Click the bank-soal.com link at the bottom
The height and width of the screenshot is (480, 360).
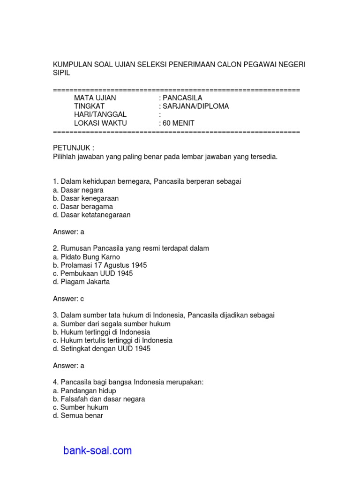click(x=97, y=451)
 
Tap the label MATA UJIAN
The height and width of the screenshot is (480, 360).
click(x=95, y=98)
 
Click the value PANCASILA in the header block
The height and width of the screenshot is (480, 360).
click(x=182, y=98)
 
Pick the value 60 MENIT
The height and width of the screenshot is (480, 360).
click(x=179, y=123)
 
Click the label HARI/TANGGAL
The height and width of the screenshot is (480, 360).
click(x=100, y=115)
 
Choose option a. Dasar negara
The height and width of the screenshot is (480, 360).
click(x=78, y=190)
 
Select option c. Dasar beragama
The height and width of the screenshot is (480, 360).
click(x=83, y=207)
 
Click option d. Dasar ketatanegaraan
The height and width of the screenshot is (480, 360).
click(x=92, y=215)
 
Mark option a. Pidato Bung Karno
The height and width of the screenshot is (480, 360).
click(x=87, y=257)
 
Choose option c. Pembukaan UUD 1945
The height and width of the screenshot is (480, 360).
click(x=93, y=273)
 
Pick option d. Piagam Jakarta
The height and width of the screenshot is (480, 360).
click(x=82, y=282)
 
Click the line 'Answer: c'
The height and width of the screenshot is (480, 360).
click(x=68, y=299)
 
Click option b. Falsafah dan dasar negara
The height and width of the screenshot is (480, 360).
click(x=99, y=399)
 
